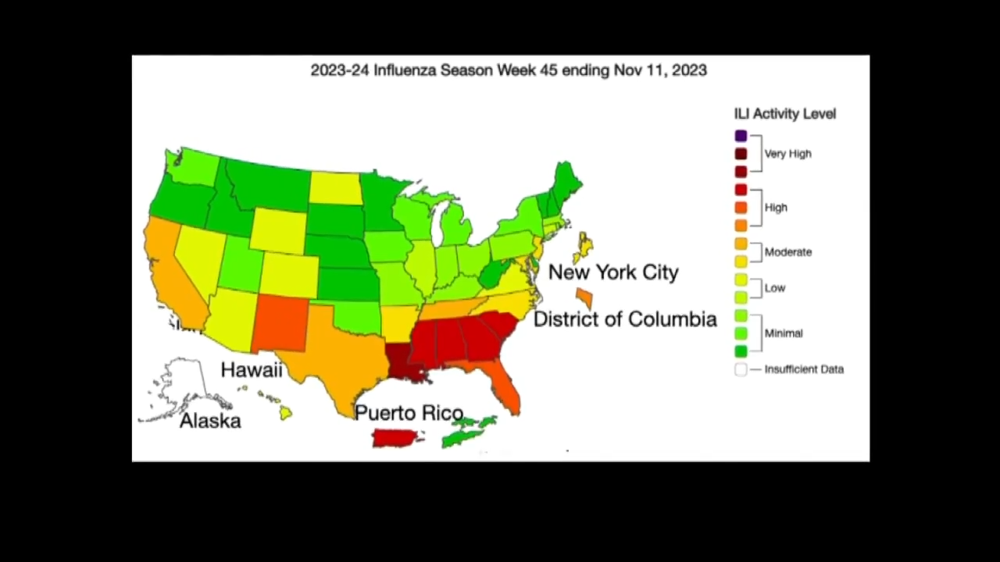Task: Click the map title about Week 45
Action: click(509, 70)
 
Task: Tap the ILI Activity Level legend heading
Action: click(784, 114)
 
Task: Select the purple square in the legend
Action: click(741, 136)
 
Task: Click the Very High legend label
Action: click(787, 154)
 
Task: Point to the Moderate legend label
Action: click(787, 252)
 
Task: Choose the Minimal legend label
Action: click(783, 333)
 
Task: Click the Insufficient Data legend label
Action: click(804, 369)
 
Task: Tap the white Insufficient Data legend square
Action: click(741, 369)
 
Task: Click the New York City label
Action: click(613, 272)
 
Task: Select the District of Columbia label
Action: click(625, 319)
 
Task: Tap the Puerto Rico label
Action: click(409, 413)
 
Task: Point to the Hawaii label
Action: click(251, 370)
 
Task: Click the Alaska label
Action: click(210, 421)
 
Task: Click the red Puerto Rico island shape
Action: click(397, 437)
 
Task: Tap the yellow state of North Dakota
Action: click(336, 188)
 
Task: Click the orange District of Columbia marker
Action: click(584, 297)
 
